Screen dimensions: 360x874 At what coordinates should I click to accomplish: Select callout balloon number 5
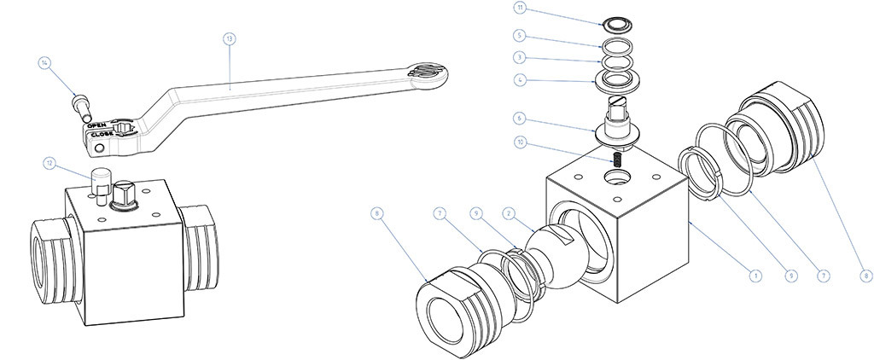tap(519, 37)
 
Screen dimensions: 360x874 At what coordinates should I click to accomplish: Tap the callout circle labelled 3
tap(519, 59)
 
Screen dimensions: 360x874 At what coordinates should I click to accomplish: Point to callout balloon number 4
tap(519, 81)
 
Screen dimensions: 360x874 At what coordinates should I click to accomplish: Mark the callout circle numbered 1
tap(755, 275)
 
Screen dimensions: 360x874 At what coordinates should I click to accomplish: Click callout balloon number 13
tap(228, 38)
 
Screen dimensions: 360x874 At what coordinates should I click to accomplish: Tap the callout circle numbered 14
tap(45, 61)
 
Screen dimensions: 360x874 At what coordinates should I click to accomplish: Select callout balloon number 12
tap(50, 161)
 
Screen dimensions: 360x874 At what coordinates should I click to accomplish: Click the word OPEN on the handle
tap(97, 125)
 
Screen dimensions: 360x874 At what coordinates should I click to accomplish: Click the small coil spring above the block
tap(619, 160)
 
